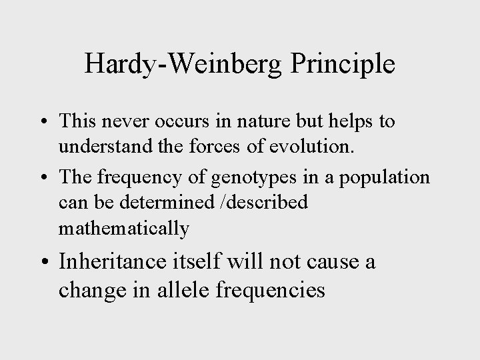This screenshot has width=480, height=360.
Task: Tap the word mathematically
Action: click(x=124, y=229)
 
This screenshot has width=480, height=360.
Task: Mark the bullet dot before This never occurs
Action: click(x=43, y=123)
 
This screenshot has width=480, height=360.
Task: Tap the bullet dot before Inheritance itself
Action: click(x=43, y=262)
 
